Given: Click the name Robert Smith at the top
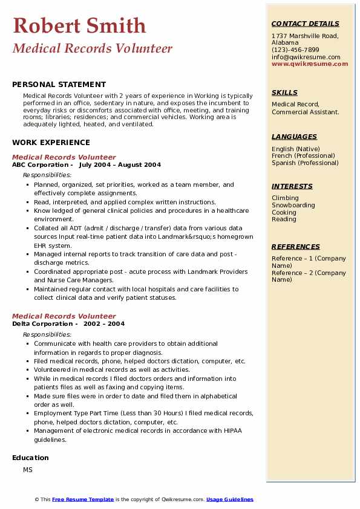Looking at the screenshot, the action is point(79,25).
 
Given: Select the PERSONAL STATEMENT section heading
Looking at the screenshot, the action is point(59,85).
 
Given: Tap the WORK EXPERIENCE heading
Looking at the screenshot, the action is point(51,143).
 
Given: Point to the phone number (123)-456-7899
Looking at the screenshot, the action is point(295,50).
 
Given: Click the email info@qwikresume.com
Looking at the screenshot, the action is point(306,57).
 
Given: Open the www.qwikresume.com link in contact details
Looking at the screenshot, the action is point(306,63).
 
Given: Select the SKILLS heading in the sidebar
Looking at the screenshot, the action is point(284,92).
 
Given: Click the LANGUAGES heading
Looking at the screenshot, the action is point(294,137).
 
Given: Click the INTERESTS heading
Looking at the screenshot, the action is point(292,186).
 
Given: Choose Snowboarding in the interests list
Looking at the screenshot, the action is point(293,205).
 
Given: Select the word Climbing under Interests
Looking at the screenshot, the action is point(285,198).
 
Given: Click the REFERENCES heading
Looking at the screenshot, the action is point(296,247).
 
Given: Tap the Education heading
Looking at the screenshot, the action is point(30,458).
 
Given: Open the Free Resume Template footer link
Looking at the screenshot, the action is point(83,499).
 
